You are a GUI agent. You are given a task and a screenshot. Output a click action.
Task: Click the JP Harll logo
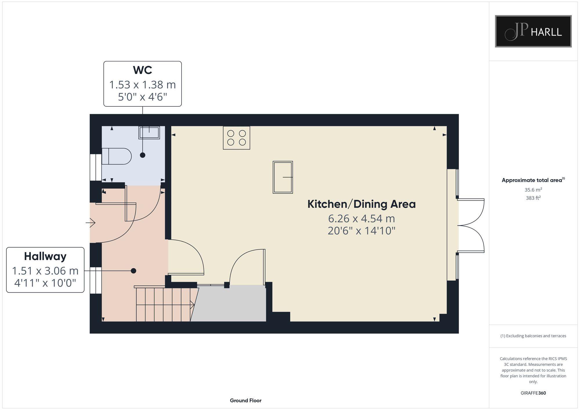(x=533, y=31)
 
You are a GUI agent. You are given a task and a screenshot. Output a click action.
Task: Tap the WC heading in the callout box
(x=142, y=70)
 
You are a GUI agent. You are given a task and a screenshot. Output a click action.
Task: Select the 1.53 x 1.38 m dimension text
(x=142, y=85)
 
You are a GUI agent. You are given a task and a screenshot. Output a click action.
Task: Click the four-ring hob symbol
(x=236, y=138)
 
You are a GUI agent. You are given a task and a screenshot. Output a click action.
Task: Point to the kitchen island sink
(x=283, y=177)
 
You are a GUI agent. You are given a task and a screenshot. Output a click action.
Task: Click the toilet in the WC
(x=116, y=156)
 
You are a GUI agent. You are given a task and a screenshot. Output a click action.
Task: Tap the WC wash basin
(x=149, y=133)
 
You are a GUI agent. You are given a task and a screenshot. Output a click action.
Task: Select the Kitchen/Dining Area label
(x=361, y=204)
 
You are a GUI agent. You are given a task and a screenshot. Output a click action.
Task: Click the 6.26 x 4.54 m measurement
(x=361, y=218)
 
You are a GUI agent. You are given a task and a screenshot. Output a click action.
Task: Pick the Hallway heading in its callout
(x=45, y=256)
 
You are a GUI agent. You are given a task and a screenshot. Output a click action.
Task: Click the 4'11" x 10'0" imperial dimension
(x=45, y=283)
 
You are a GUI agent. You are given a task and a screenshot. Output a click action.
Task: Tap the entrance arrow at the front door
(x=90, y=223)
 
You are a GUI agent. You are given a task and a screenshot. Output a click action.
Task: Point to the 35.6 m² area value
(x=533, y=190)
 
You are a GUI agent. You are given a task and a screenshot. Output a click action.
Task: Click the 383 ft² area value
(x=533, y=198)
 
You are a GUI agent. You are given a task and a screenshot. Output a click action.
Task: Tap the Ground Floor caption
(x=246, y=400)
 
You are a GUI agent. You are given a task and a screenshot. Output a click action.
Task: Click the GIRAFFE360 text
(x=533, y=393)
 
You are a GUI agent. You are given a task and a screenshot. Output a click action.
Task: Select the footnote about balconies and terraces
(x=533, y=336)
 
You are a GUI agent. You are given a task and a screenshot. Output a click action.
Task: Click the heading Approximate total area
(x=532, y=180)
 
